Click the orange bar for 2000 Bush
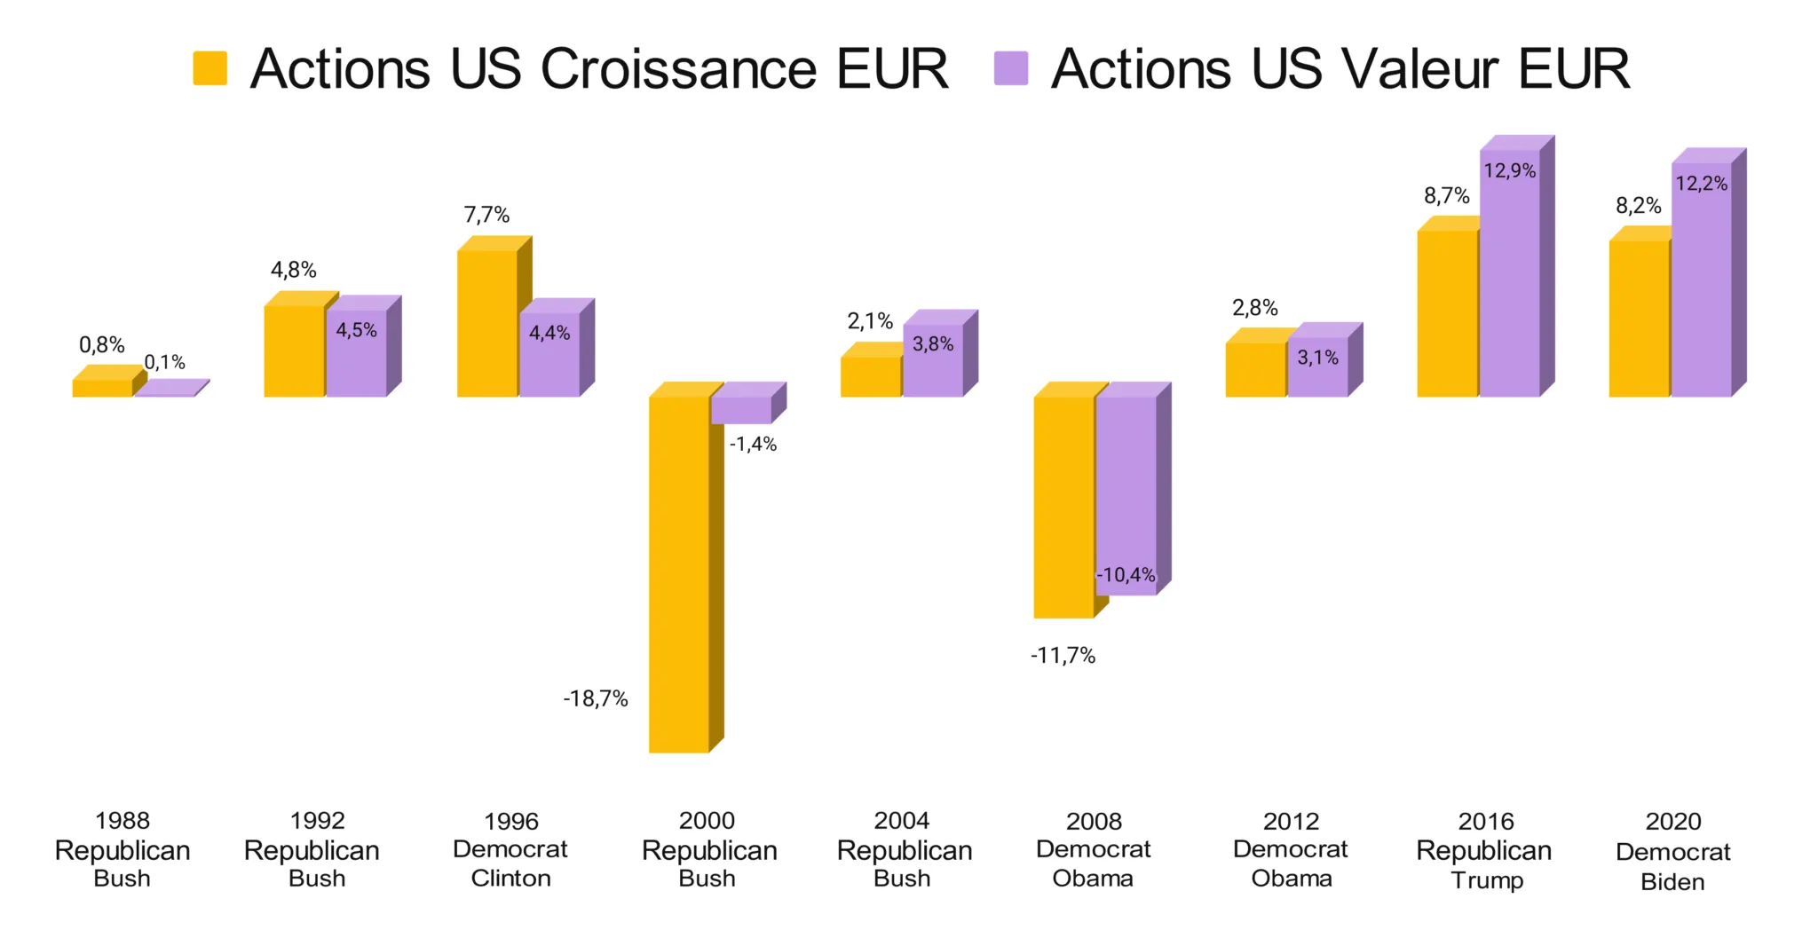[679, 574]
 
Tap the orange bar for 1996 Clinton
[487, 323]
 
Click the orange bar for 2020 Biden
[1639, 319]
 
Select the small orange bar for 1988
[102, 388]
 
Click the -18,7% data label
[596, 699]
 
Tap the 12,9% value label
[1510, 170]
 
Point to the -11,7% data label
[1063, 656]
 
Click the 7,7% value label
[486, 215]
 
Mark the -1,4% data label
[753, 445]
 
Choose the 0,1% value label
[165, 362]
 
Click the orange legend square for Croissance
[210, 68]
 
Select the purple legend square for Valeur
[1011, 68]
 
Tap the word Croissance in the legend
[677, 68]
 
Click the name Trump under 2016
[1487, 880]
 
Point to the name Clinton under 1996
[510, 879]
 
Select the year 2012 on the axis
[1291, 821]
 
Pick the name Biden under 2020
[1672, 882]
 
